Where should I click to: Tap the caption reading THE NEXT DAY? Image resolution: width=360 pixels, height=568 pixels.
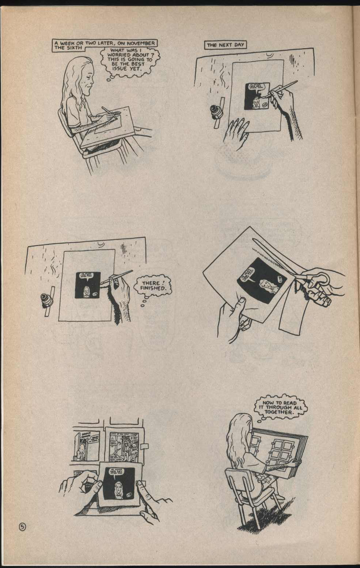point(225,45)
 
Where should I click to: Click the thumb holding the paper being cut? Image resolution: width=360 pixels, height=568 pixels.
point(241,302)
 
